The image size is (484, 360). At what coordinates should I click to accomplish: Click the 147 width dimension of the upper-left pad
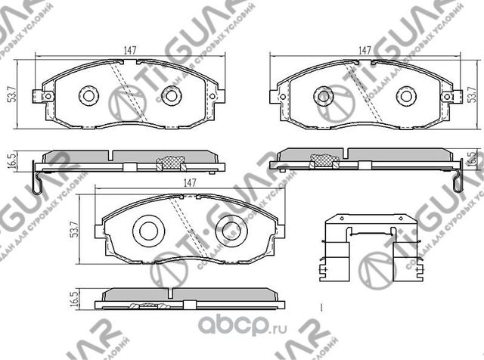[x=130, y=49]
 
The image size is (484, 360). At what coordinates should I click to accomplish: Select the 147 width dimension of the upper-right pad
[x=365, y=49]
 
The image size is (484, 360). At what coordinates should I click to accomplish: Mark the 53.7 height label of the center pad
[x=73, y=228]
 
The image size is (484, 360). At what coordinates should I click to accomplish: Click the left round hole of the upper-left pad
[x=88, y=95]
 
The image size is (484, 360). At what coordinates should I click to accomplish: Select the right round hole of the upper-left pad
[x=171, y=95]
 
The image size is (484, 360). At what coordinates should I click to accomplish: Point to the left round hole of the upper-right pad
[x=324, y=95]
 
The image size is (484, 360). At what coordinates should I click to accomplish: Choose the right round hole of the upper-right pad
[x=407, y=95]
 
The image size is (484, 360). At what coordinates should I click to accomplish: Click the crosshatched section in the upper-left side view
[x=170, y=160]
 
